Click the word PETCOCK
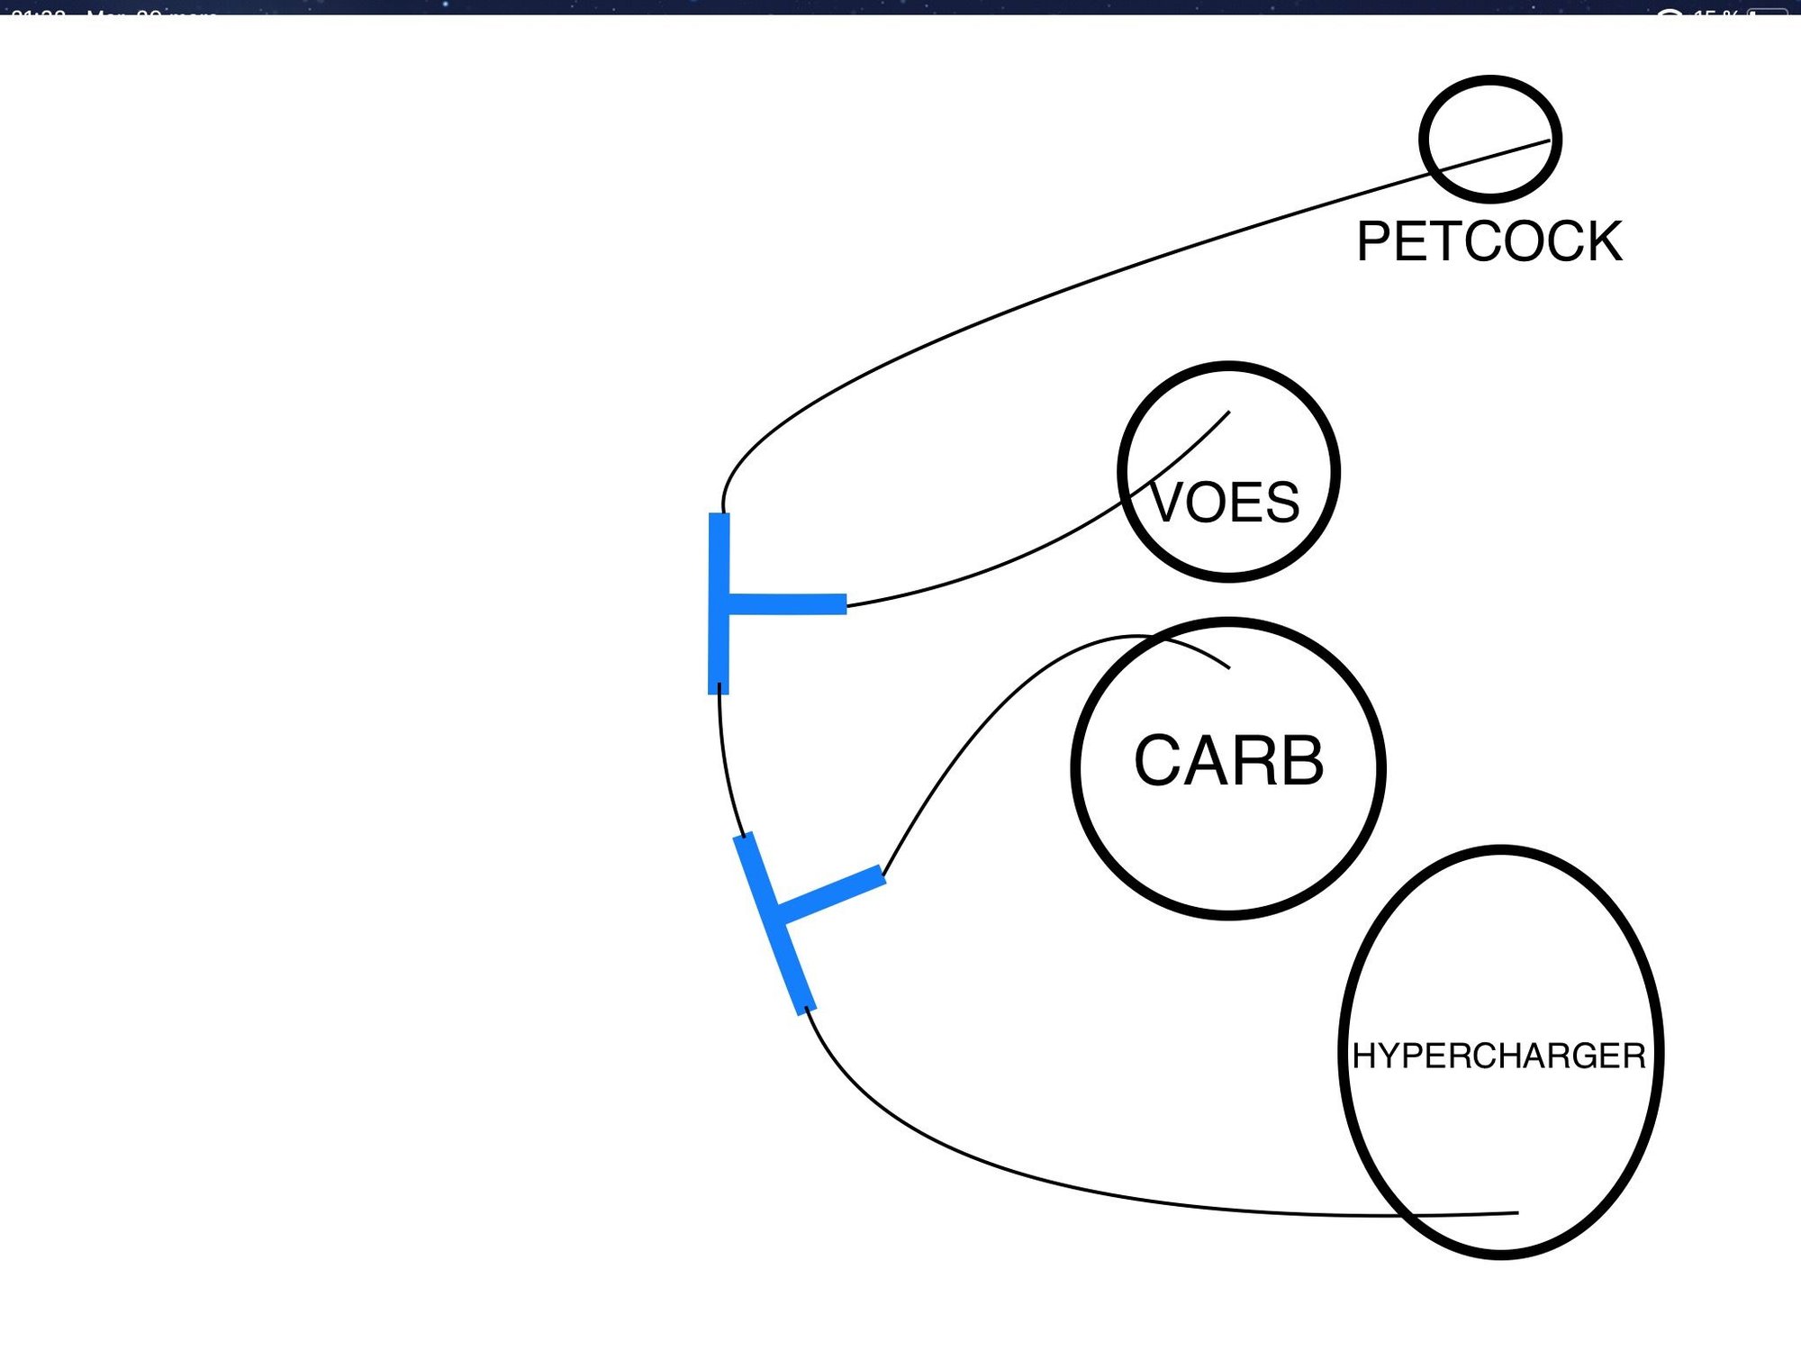pos(1489,241)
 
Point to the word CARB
pos(1228,761)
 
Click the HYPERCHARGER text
pos(1499,1056)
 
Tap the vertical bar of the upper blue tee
pos(719,558)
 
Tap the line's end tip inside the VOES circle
pos(1228,413)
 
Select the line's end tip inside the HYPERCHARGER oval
pos(1517,1213)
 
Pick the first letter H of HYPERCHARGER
pos(1362,1056)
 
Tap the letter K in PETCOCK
pos(1603,241)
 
